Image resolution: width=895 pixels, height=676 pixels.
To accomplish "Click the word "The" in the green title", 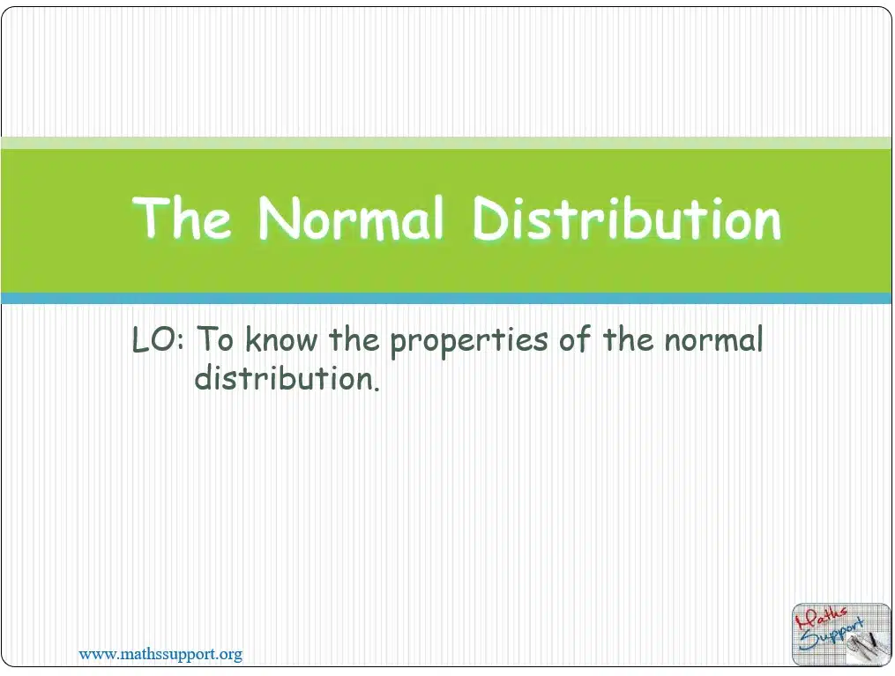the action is [182, 217].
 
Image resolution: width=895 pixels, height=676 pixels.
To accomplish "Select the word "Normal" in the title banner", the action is [350, 217].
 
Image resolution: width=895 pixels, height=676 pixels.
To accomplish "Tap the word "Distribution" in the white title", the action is [627, 218].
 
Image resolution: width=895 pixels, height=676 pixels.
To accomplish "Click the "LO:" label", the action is [158, 339].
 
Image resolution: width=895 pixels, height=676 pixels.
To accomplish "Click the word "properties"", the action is [468, 342].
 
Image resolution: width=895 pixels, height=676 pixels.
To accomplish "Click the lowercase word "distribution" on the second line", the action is [284, 377].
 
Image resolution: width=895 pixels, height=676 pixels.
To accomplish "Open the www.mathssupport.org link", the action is [160, 654].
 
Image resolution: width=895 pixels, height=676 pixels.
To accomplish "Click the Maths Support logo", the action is [841, 635].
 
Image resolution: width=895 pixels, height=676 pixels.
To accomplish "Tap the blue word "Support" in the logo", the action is [832, 635].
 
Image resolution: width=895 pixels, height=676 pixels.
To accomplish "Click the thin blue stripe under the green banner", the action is [446, 299].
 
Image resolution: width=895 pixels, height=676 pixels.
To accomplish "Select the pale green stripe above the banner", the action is [446, 143].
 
